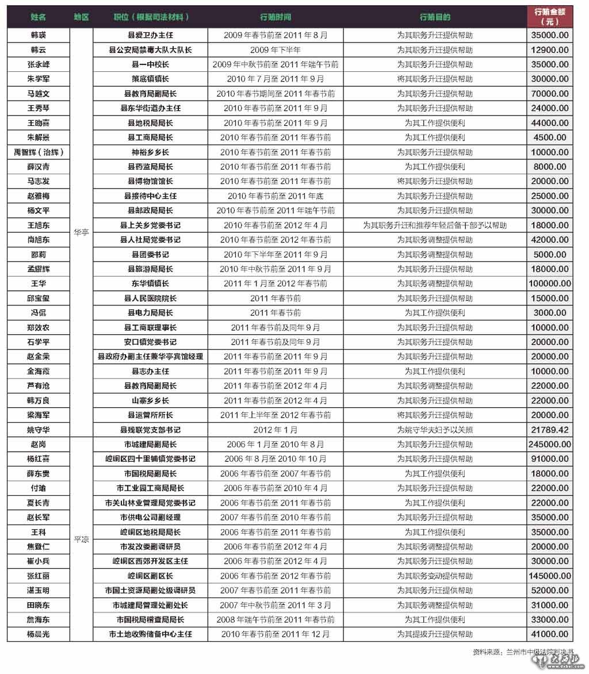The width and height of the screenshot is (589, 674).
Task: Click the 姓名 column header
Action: click(38, 17)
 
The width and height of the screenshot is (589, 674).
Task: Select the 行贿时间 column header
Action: click(276, 17)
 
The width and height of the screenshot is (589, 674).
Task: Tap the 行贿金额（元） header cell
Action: click(550, 17)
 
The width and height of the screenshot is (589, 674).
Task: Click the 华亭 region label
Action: click(81, 233)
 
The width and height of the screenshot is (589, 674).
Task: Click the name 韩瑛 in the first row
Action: click(38, 35)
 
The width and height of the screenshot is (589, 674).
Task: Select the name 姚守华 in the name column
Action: click(38, 430)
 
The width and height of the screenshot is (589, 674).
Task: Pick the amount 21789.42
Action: click(550, 430)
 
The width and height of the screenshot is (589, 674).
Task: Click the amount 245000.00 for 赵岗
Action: click(550, 444)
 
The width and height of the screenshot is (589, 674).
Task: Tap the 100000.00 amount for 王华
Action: click(550, 283)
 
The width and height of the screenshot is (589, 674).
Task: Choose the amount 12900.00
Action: click(550, 49)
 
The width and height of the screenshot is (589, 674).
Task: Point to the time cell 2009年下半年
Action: click(276, 49)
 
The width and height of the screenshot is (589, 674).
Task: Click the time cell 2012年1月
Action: click(276, 430)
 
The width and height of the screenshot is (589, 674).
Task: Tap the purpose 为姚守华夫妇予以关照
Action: click(435, 430)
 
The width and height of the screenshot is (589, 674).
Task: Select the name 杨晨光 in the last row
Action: click(38, 634)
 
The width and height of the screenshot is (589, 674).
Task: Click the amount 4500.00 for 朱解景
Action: click(550, 137)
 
